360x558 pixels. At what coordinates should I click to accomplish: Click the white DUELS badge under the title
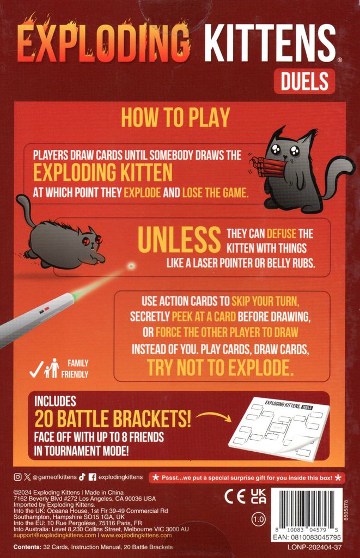point(304,81)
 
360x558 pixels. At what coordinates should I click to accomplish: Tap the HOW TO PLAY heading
point(176,117)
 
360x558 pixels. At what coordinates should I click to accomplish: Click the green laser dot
point(132,265)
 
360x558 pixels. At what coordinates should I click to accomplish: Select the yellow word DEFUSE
point(282,233)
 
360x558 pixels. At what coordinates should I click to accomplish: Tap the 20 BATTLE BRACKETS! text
point(113,418)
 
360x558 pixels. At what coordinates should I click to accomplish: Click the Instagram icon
point(17,477)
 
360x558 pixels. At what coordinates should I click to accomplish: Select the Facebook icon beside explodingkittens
point(92,477)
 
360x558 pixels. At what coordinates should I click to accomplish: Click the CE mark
point(235,496)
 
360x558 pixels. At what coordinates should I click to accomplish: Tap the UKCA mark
point(258,496)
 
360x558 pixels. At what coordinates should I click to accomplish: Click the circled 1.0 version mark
point(258,519)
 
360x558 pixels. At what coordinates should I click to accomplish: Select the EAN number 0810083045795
point(307,537)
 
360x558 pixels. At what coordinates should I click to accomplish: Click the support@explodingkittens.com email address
point(55,535)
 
